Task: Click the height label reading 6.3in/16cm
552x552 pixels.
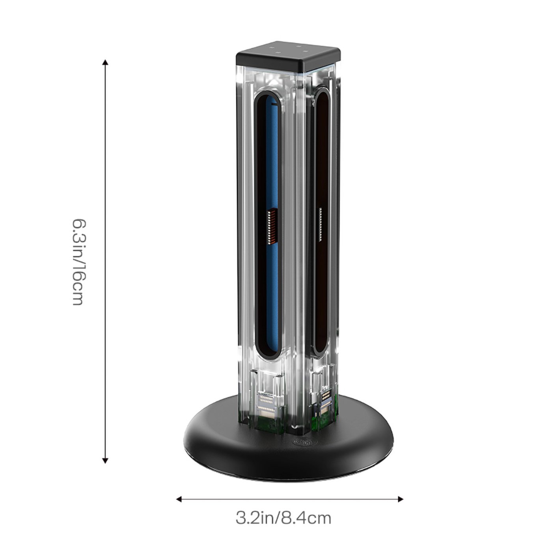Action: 79,262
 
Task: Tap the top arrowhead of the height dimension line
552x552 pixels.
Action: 105,62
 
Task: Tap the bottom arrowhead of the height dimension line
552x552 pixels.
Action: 105,461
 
